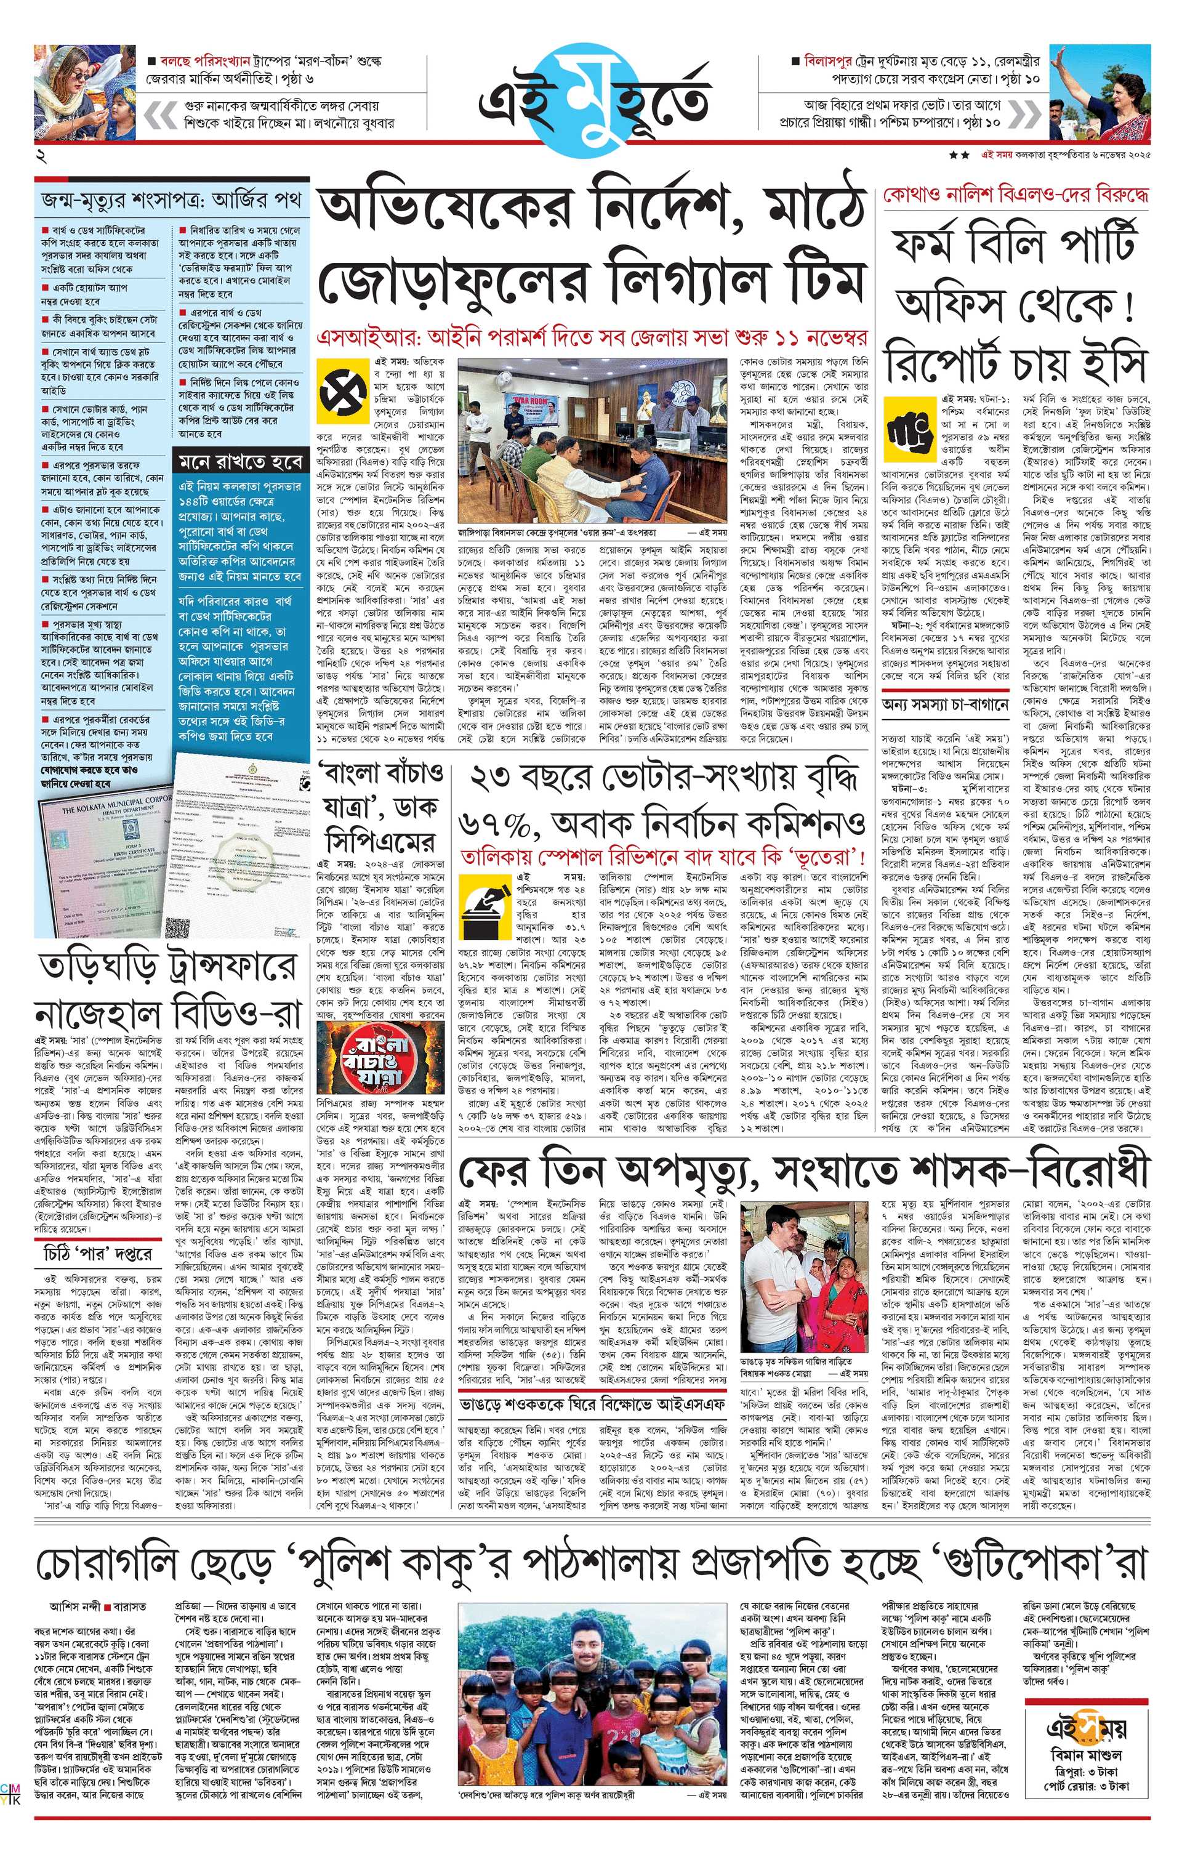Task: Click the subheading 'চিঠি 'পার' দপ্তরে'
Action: [98, 1254]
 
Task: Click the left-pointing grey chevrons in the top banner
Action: [161, 115]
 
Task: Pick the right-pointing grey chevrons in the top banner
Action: [1024, 115]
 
